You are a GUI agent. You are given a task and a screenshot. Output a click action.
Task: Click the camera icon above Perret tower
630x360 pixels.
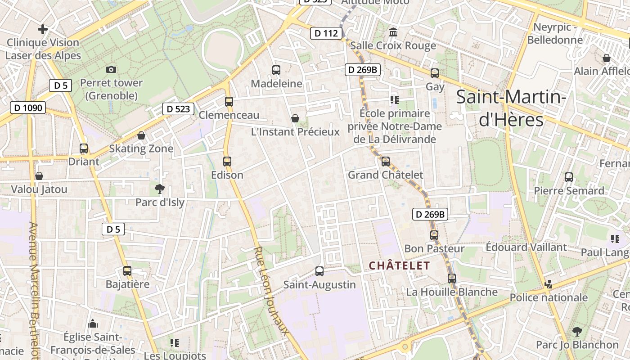click(111, 69)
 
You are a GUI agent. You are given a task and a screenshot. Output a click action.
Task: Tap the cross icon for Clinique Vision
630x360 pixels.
click(43, 30)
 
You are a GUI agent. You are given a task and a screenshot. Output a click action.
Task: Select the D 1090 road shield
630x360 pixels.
click(28, 108)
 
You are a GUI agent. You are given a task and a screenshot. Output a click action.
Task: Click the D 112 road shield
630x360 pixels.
click(326, 33)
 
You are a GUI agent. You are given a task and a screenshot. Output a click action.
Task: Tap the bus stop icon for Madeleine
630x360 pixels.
click(276, 70)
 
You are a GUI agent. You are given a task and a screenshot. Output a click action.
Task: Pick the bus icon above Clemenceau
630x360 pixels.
click(229, 101)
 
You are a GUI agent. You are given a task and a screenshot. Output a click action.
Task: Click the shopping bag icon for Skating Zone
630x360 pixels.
click(141, 135)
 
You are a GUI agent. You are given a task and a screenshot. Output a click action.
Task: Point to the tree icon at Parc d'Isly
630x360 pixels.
click(159, 189)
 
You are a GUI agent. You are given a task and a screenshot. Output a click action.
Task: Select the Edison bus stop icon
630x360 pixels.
click(227, 161)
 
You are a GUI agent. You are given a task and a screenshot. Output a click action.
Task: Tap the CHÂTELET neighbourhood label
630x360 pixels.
click(400, 265)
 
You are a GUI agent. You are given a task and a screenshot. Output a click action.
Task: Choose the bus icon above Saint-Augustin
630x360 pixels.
click(319, 271)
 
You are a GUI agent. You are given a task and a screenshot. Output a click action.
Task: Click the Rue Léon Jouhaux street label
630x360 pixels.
click(270, 290)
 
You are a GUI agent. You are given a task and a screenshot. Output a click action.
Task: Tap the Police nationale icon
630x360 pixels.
click(548, 284)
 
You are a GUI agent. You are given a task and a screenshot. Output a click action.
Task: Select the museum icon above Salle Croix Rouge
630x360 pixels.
click(393, 32)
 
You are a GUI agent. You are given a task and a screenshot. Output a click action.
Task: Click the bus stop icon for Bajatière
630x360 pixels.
click(127, 270)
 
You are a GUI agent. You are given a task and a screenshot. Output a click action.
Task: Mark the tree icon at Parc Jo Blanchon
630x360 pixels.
click(577, 332)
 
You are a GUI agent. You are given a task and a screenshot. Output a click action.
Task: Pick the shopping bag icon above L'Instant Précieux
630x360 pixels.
click(295, 118)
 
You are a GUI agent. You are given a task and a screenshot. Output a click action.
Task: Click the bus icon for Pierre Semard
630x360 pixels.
click(569, 177)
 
